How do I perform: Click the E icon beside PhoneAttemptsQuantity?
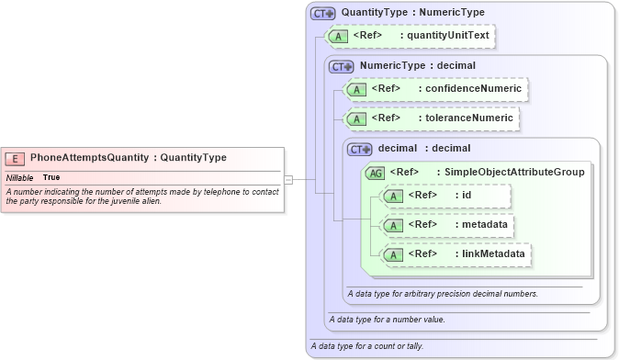pos(16,158)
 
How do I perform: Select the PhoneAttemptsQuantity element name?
pos(90,158)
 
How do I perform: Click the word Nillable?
pos(20,176)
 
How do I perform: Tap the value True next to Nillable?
pos(51,176)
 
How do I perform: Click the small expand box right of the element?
pos(288,180)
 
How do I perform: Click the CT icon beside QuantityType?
pos(323,14)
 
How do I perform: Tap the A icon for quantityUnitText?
pos(338,37)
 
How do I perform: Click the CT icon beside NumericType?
pos(342,67)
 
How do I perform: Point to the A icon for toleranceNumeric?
pos(356,118)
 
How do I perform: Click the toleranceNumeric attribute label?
pos(467,118)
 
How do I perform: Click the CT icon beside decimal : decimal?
pos(360,149)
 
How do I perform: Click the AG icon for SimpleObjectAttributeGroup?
pos(376,172)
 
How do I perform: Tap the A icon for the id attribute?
pos(393,196)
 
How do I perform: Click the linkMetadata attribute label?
pos(492,253)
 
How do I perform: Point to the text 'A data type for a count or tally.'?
pos(366,346)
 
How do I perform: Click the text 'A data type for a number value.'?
pos(387,320)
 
